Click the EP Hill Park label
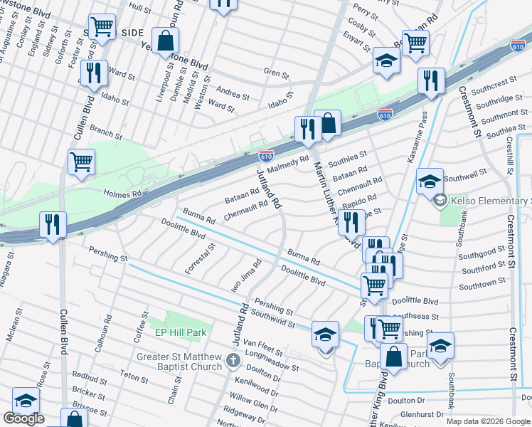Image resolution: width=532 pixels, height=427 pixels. pyautogui.click(x=181, y=332)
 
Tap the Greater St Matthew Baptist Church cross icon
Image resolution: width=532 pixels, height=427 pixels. pyautogui.click(x=233, y=362)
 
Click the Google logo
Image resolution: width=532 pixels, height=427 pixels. pyautogui.click(x=23, y=418)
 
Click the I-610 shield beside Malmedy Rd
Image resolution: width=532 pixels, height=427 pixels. pyautogui.click(x=266, y=154)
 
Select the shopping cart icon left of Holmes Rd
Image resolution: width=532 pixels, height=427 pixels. pyautogui.click(x=81, y=162)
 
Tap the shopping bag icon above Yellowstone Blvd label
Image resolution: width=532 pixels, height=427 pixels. pyautogui.click(x=165, y=41)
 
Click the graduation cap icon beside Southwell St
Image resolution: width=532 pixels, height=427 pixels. pyautogui.click(x=430, y=181)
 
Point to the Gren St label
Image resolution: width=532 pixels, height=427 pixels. pyautogui.click(x=276, y=73)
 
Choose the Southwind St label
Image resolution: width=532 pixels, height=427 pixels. pyautogui.click(x=272, y=318)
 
